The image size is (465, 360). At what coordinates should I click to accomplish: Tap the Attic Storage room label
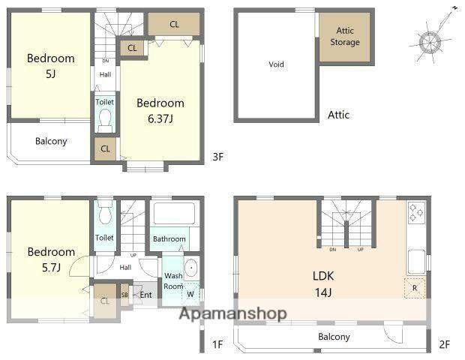(x=345, y=36)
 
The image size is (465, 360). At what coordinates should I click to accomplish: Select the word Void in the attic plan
(x=276, y=64)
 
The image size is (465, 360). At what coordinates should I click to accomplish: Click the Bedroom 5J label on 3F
(x=51, y=65)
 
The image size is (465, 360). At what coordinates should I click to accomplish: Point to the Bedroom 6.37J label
(x=160, y=110)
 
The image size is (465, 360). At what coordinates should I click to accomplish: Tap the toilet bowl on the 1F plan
(x=105, y=212)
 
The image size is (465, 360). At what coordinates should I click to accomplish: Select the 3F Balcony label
(x=51, y=141)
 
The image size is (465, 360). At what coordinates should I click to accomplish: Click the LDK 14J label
(x=323, y=284)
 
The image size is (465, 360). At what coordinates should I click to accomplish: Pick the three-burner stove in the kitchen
(x=416, y=213)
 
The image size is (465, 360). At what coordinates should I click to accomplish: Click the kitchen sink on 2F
(x=417, y=262)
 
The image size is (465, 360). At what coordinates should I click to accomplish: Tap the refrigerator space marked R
(x=415, y=288)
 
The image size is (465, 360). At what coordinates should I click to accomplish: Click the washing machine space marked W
(x=190, y=294)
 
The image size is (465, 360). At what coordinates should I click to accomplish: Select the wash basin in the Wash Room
(x=191, y=268)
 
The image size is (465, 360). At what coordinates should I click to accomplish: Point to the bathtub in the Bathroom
(x=174, y=213)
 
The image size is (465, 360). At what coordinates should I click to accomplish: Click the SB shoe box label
(x=124, y=295)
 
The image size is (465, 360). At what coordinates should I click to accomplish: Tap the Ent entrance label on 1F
(x=145, y=295)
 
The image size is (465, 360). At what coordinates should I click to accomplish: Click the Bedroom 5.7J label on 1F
(x=51, y=259)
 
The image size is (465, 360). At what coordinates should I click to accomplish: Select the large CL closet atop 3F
(x=174, y=24)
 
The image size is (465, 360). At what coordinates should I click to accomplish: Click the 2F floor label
(x=444, y=344)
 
